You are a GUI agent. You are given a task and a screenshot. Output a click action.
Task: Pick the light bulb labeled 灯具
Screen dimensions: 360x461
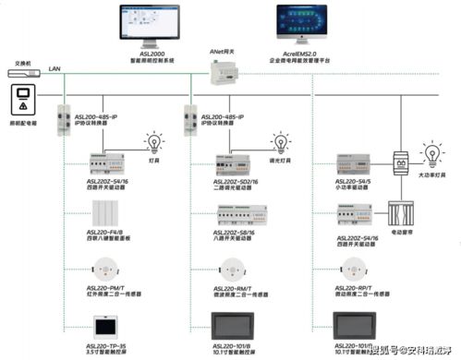click(x=153, y=143)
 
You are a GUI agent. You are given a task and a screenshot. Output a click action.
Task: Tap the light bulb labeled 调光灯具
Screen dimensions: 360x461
click(x=281, y=143)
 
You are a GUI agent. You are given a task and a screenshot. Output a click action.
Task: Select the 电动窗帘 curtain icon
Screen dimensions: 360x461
click(x=403, y=213)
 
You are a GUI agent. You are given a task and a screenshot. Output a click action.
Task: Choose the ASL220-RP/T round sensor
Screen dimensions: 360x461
click(x=356, y=270)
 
